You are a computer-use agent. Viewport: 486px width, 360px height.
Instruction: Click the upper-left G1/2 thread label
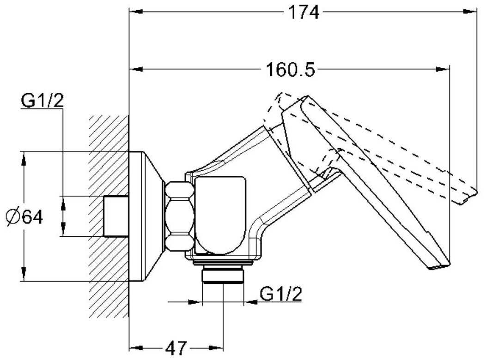click(42, 101)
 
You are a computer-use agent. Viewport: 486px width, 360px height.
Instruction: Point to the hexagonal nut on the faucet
click(179, 216)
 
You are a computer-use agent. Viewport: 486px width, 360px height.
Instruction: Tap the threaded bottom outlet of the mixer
click(223, 276)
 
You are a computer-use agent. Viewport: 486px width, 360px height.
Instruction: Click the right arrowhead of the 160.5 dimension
click(444, 70)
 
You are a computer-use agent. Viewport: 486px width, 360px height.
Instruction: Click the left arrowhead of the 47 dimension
click(134, 348)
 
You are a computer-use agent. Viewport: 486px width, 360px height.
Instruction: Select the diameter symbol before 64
click(13, 216)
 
